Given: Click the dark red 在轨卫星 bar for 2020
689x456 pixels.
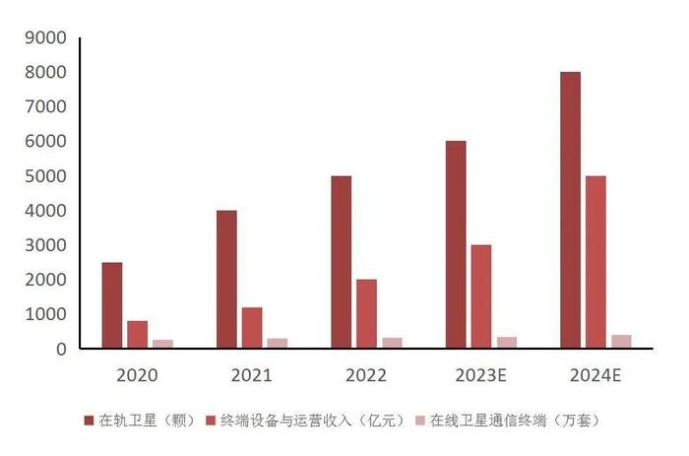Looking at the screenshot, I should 112,305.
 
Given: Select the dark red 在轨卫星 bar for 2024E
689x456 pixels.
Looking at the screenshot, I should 570,210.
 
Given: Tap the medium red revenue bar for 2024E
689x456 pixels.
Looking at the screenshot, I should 595,262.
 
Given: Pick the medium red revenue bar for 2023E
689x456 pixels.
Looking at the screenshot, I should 481,296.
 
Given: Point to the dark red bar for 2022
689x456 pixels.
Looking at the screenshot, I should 341,262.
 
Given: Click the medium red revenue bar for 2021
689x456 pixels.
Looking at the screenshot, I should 252,328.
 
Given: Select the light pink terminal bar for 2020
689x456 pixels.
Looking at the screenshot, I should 162,344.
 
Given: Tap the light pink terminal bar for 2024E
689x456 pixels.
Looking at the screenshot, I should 621,342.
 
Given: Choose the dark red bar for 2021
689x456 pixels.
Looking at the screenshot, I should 226,279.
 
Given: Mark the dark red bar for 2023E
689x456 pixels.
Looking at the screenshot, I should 456,244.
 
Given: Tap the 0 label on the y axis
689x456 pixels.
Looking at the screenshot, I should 61,349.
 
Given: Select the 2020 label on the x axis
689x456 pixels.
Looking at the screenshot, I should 137,375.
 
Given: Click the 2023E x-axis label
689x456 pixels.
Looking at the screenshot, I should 481,375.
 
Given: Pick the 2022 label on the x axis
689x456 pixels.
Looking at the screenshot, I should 366,375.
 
